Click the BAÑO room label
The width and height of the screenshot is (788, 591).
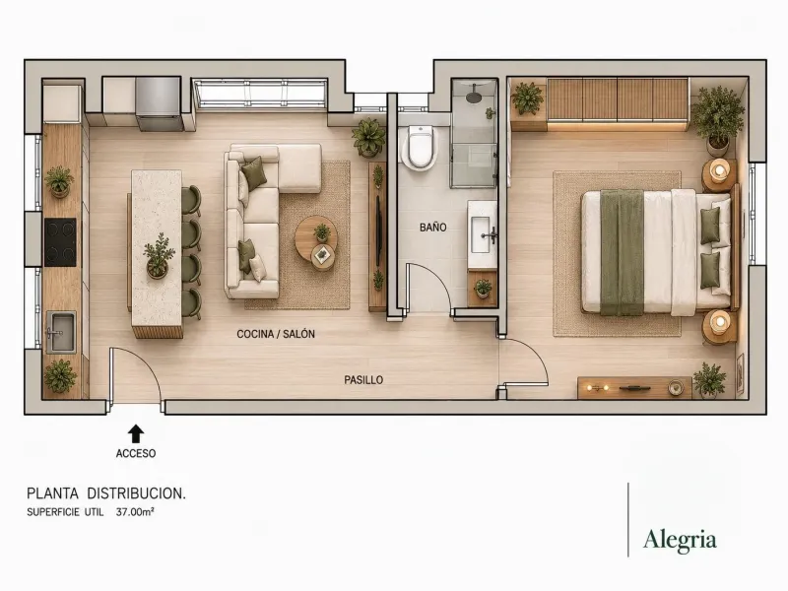click(x=432, y=228)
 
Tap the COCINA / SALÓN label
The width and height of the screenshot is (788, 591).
click(x=276, y=334)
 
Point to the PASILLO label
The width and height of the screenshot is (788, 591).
click(x=363, y=380)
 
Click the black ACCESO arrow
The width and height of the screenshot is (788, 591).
click(x=136, y=433)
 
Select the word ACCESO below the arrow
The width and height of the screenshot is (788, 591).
click(x=136, y=453)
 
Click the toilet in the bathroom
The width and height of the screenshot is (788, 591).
click(x=421, y=147)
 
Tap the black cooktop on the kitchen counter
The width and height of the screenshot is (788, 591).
click(x=60, y=241)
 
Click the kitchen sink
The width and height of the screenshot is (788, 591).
click(x=61, y=332)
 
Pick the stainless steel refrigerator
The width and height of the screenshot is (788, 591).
click(x=158, y=103)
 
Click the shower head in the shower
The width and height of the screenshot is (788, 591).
click(x=474, y=96)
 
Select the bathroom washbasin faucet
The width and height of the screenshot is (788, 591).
click(x=491, y=234)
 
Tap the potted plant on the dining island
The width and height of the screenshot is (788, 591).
click(x=159, y=255)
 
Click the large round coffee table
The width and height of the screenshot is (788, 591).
click(x=316, y=236)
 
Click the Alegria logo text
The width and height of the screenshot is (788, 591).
click(x=680, y=540)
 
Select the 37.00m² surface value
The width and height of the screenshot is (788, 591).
click(x=135, y=512)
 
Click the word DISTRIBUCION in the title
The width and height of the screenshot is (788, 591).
click(x=136, y=493)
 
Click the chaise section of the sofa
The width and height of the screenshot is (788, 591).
click(x=299, y=168)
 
